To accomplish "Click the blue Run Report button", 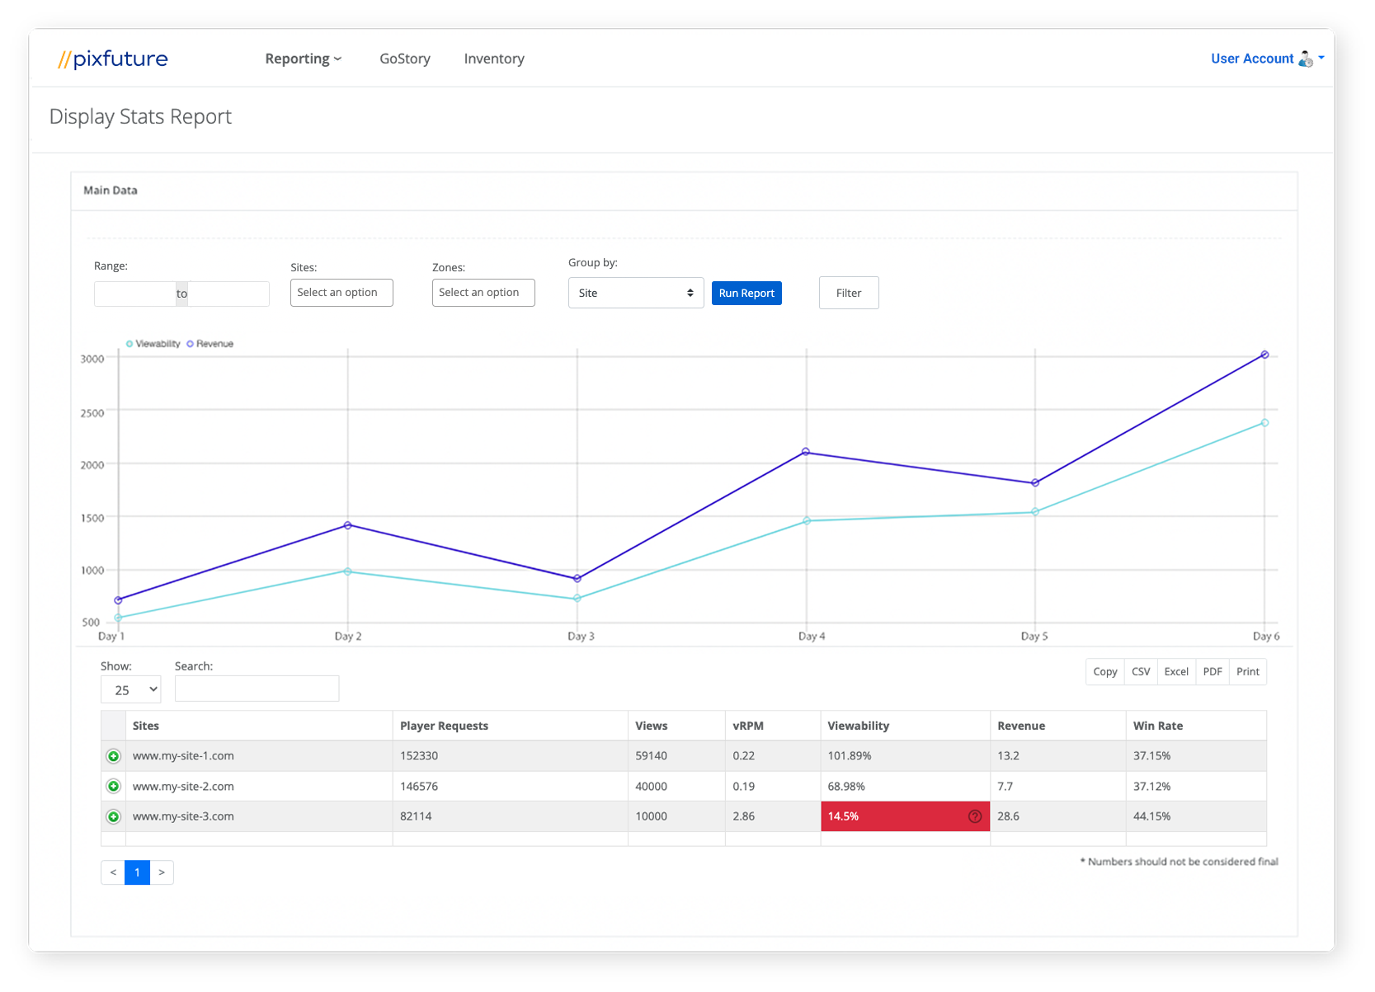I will tap(746, 293).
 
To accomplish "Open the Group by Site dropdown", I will tap(635, 293).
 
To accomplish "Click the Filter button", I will tap(848, 293).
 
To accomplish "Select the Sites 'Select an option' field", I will tap(341, 293).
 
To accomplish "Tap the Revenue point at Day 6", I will tap(1264, 355).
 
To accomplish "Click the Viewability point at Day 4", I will tap(807, 520).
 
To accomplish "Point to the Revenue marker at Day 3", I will tap(577, 578).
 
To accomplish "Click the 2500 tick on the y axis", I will tap(92, 412).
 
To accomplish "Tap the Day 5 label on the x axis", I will tap(1034, 636).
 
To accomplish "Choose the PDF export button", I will tap(1212, 671).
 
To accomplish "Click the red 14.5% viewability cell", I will tap(904, 816).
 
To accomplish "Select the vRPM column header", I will tap(748, 726).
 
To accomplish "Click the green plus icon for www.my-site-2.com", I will tap(114, 786).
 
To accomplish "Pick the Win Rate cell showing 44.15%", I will tap(1151, 816).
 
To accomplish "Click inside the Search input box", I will tap(257, 689).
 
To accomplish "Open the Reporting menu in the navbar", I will tap(303, 59).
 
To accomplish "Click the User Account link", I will tap(1251, 59).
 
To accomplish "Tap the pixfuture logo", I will tap(113, 59).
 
